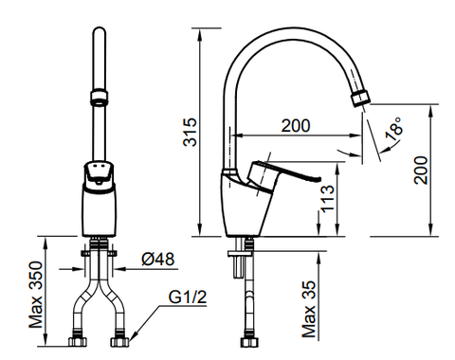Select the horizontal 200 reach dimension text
[x=298, y=125]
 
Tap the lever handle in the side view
[x=289, y=176]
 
